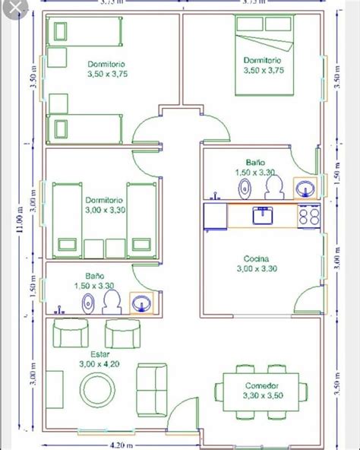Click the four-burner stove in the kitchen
[x=308, y=216]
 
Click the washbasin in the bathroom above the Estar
[x=141, y=304]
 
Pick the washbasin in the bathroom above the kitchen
[x=305, y=188]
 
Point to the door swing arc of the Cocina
[x=308, y=293]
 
